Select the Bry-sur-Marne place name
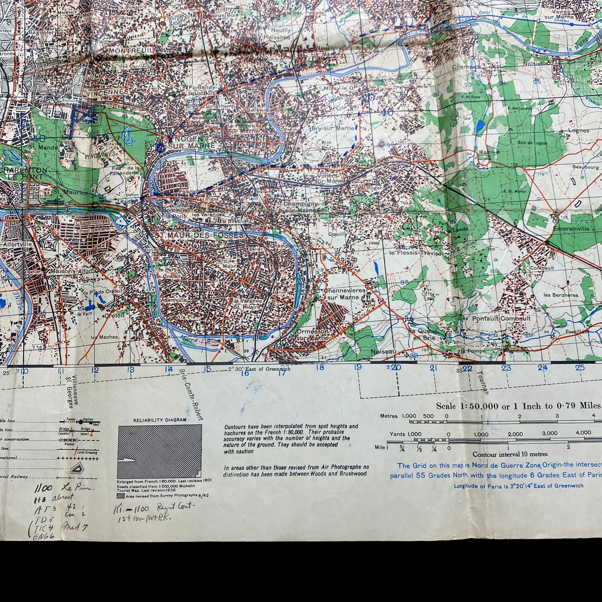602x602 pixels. coord(333,128)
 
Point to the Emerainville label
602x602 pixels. coord(571,229)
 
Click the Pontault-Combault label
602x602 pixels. coord(501,319)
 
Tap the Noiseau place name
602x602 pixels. coord(383,351)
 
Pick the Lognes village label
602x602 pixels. coord(578,130)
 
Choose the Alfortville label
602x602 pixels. coord(18,244)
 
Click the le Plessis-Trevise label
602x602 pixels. coord(415,253)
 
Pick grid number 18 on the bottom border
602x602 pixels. coord(320,367)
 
